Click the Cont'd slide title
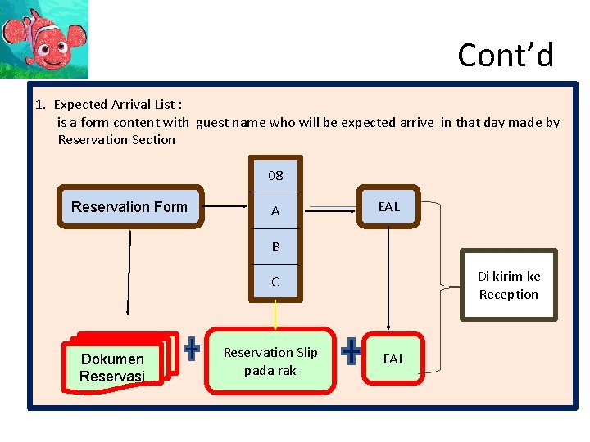(506, 55)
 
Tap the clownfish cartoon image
(44, 39)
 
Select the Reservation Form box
(130, 206)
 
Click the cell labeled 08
(275, 175)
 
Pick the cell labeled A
(275, 210)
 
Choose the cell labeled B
(275, 246)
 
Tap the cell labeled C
(275, 282)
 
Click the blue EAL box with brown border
(388, 206)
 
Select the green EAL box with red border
(393, 359)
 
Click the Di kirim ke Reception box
(509, 285)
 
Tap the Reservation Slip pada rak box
(270, 361)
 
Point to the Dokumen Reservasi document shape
(120, 363)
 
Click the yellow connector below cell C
(275, 315)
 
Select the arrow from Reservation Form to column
(225, 206)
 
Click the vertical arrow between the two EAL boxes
(388, 278)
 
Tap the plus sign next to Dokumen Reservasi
(192, 349)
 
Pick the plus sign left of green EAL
(351, 350)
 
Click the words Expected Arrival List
(115, 104)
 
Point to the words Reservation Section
(116, 139)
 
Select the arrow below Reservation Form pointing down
(129, 273)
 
